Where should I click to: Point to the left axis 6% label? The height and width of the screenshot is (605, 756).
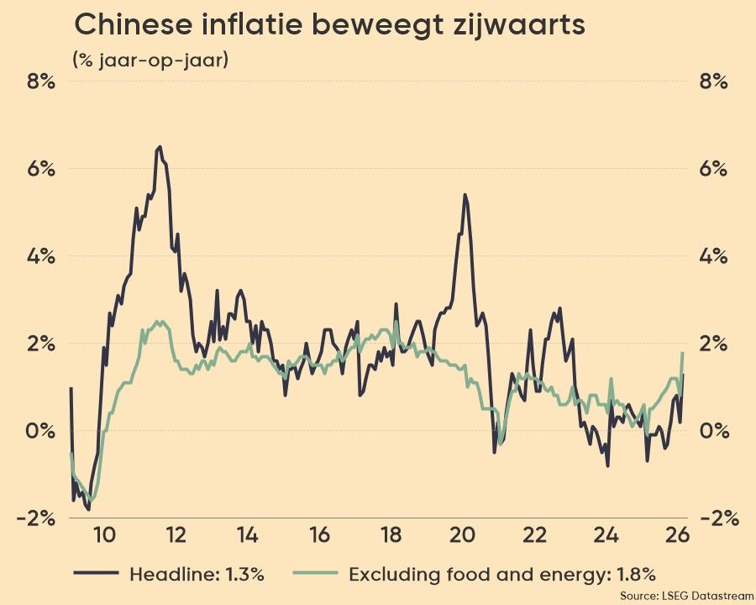39,169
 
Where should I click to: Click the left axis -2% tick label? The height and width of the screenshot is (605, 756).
35,518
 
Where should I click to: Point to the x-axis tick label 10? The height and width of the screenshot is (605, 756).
103,535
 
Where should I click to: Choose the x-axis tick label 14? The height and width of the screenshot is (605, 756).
247,535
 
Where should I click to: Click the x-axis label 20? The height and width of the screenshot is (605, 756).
463,535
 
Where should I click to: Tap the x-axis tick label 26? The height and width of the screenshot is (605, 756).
678,535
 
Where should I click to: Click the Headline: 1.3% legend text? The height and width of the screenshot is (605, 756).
197,575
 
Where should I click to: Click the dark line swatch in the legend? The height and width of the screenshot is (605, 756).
95,574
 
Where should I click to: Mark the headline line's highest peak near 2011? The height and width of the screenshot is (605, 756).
160,146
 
